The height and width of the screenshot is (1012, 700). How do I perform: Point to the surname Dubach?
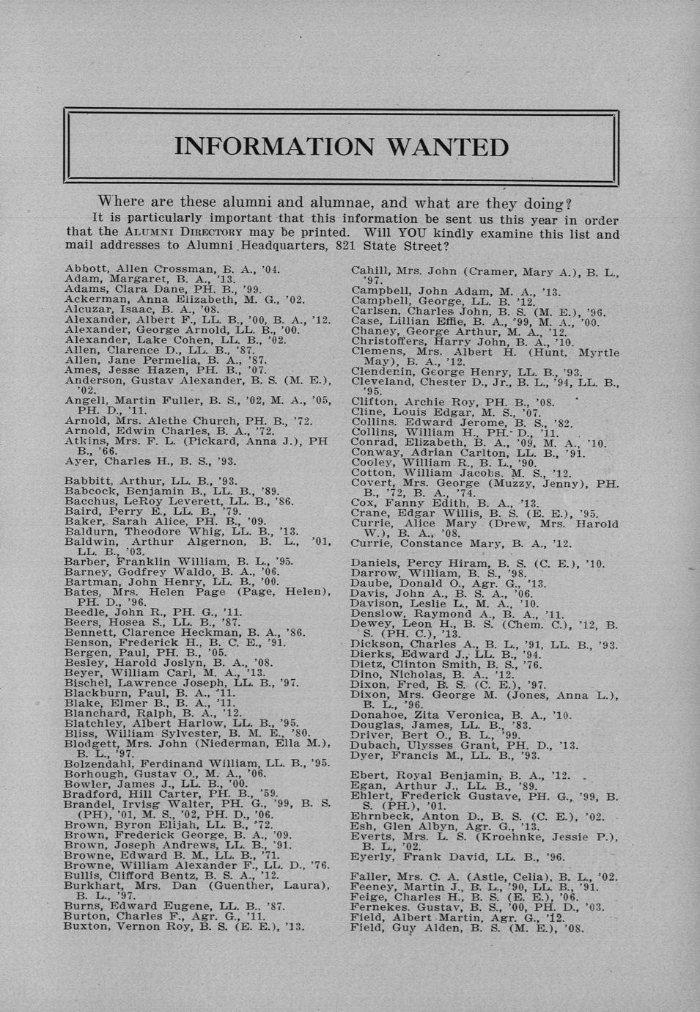click(x=373, y=746)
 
